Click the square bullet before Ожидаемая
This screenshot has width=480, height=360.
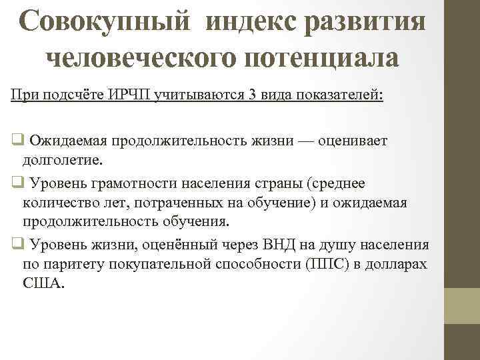tap(16, 141)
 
